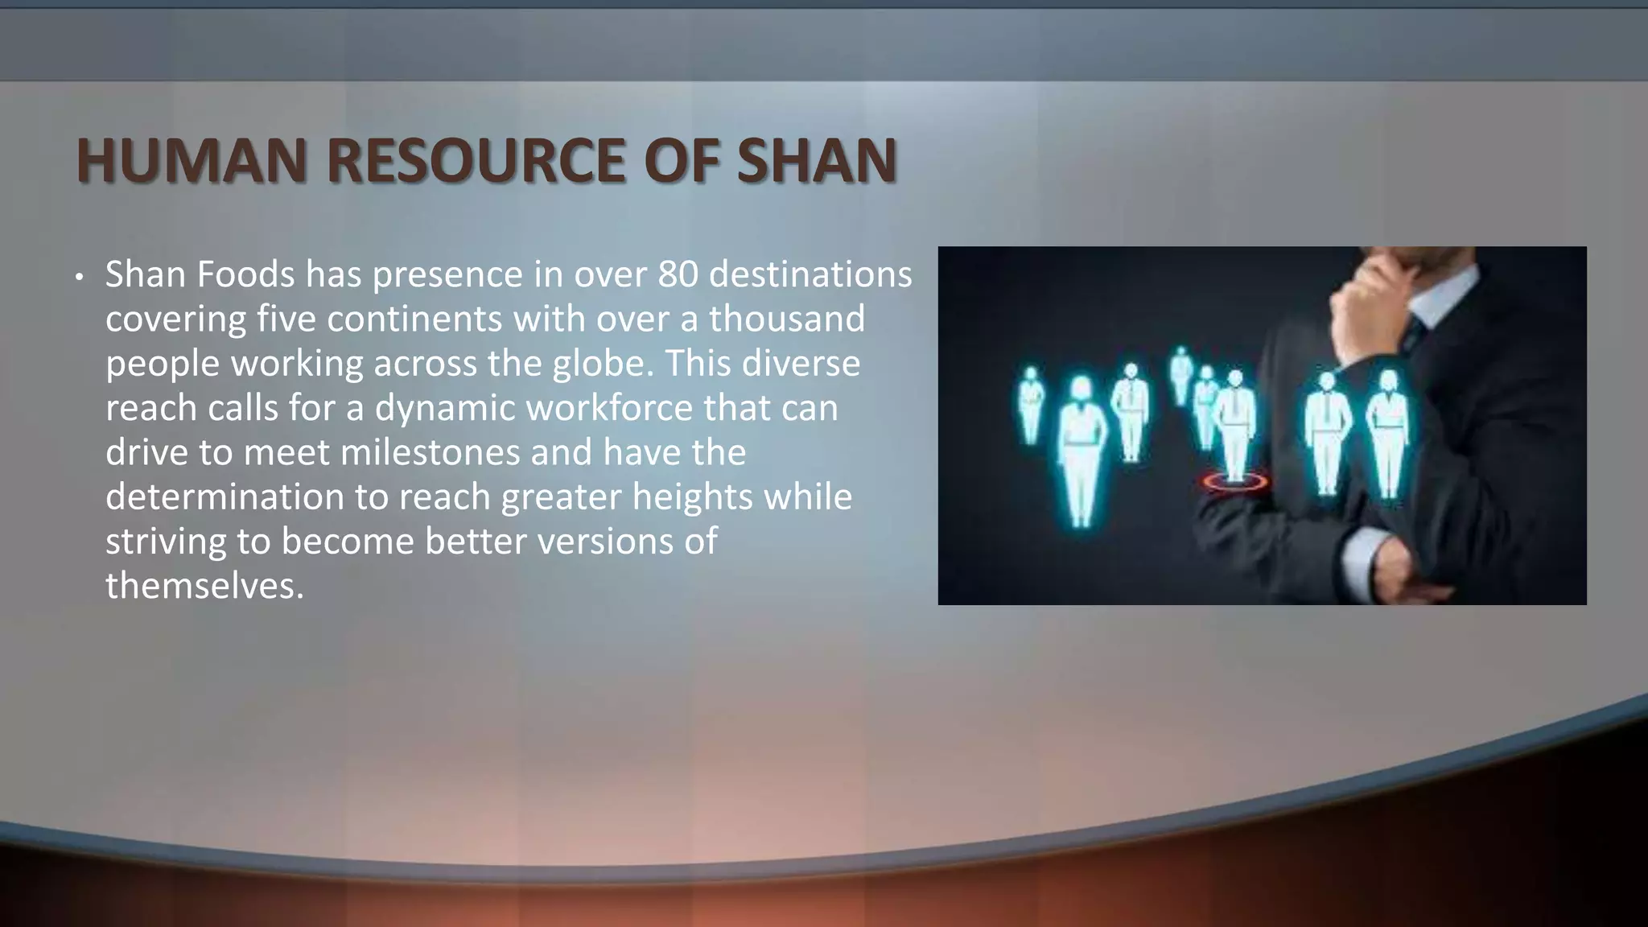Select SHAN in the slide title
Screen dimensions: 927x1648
[x=816, y=161]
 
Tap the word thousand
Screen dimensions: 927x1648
[x=786, y=319]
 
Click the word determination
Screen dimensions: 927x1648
[x=225, y=496]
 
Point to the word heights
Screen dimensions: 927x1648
[x=693, y=496]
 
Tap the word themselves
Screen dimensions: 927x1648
[x=204, y=586]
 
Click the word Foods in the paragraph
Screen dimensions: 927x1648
[x=246, y=275]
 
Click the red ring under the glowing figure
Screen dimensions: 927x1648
[x=1234, y=482]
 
